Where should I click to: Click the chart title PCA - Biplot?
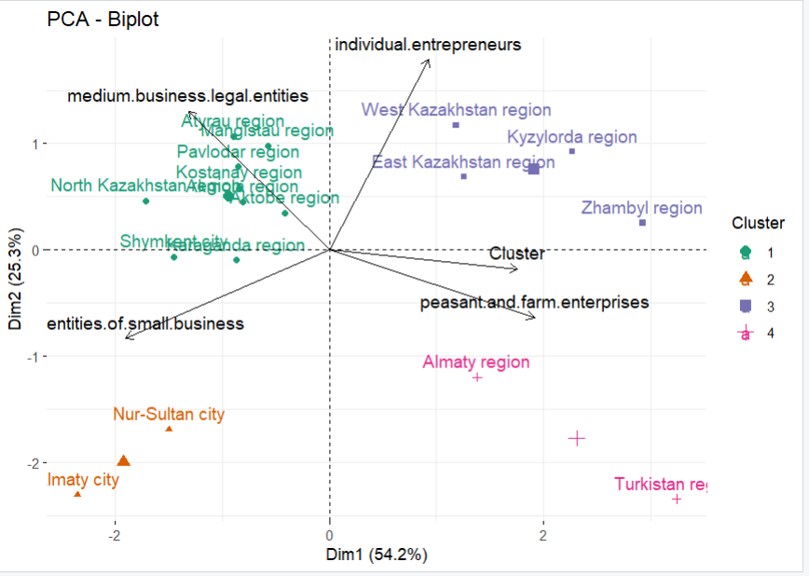pos(103,19)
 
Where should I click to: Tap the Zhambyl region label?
pos(641,208)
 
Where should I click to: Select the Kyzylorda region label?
pos(571,138)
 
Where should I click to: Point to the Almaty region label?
pos(475,363)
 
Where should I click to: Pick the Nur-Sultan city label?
pos(169,414)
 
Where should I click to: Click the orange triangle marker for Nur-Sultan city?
pos(169,429)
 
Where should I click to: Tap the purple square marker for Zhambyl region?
pos(642,223)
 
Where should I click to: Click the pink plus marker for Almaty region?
pos(477,377)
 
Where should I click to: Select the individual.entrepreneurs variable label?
pos(427,44)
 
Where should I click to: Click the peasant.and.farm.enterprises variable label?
pos(534,302)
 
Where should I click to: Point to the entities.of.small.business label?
pos(145,323)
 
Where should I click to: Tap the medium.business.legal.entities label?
pos(187,95)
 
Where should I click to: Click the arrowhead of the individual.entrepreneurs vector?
pos(428,61)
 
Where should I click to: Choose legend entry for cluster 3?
pos(746,306)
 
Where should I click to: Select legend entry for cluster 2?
pos(746,278)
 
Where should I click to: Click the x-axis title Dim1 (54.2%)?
pos(376,555)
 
